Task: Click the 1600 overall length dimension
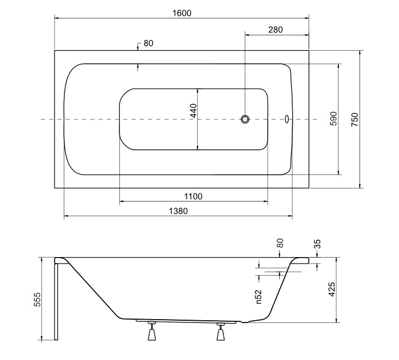[x=182, y=13]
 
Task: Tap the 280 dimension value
[x=275, y=30]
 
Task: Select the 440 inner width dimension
[x=194, y=111]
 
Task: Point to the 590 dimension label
[x=334, y=119]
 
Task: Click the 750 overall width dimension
[x=354, y=119]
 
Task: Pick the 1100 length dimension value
[x=194, y=196]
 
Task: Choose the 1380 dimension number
[x=178, y=211]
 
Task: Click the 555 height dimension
[x=37, y=299]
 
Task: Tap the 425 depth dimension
[x=332, y=289]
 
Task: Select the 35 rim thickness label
[x=318, y=244]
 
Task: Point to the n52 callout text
[x=258, y=297]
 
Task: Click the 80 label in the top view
[x=148, y=44]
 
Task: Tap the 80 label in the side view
[x=280, y=243]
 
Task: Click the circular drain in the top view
[x=245, y=119]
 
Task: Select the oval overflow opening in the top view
[x=287, y=119]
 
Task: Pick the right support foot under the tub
[x=221, y=332]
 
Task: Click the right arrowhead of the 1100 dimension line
[x=266, y=202]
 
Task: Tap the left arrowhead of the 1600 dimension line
[x=57, y=19]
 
